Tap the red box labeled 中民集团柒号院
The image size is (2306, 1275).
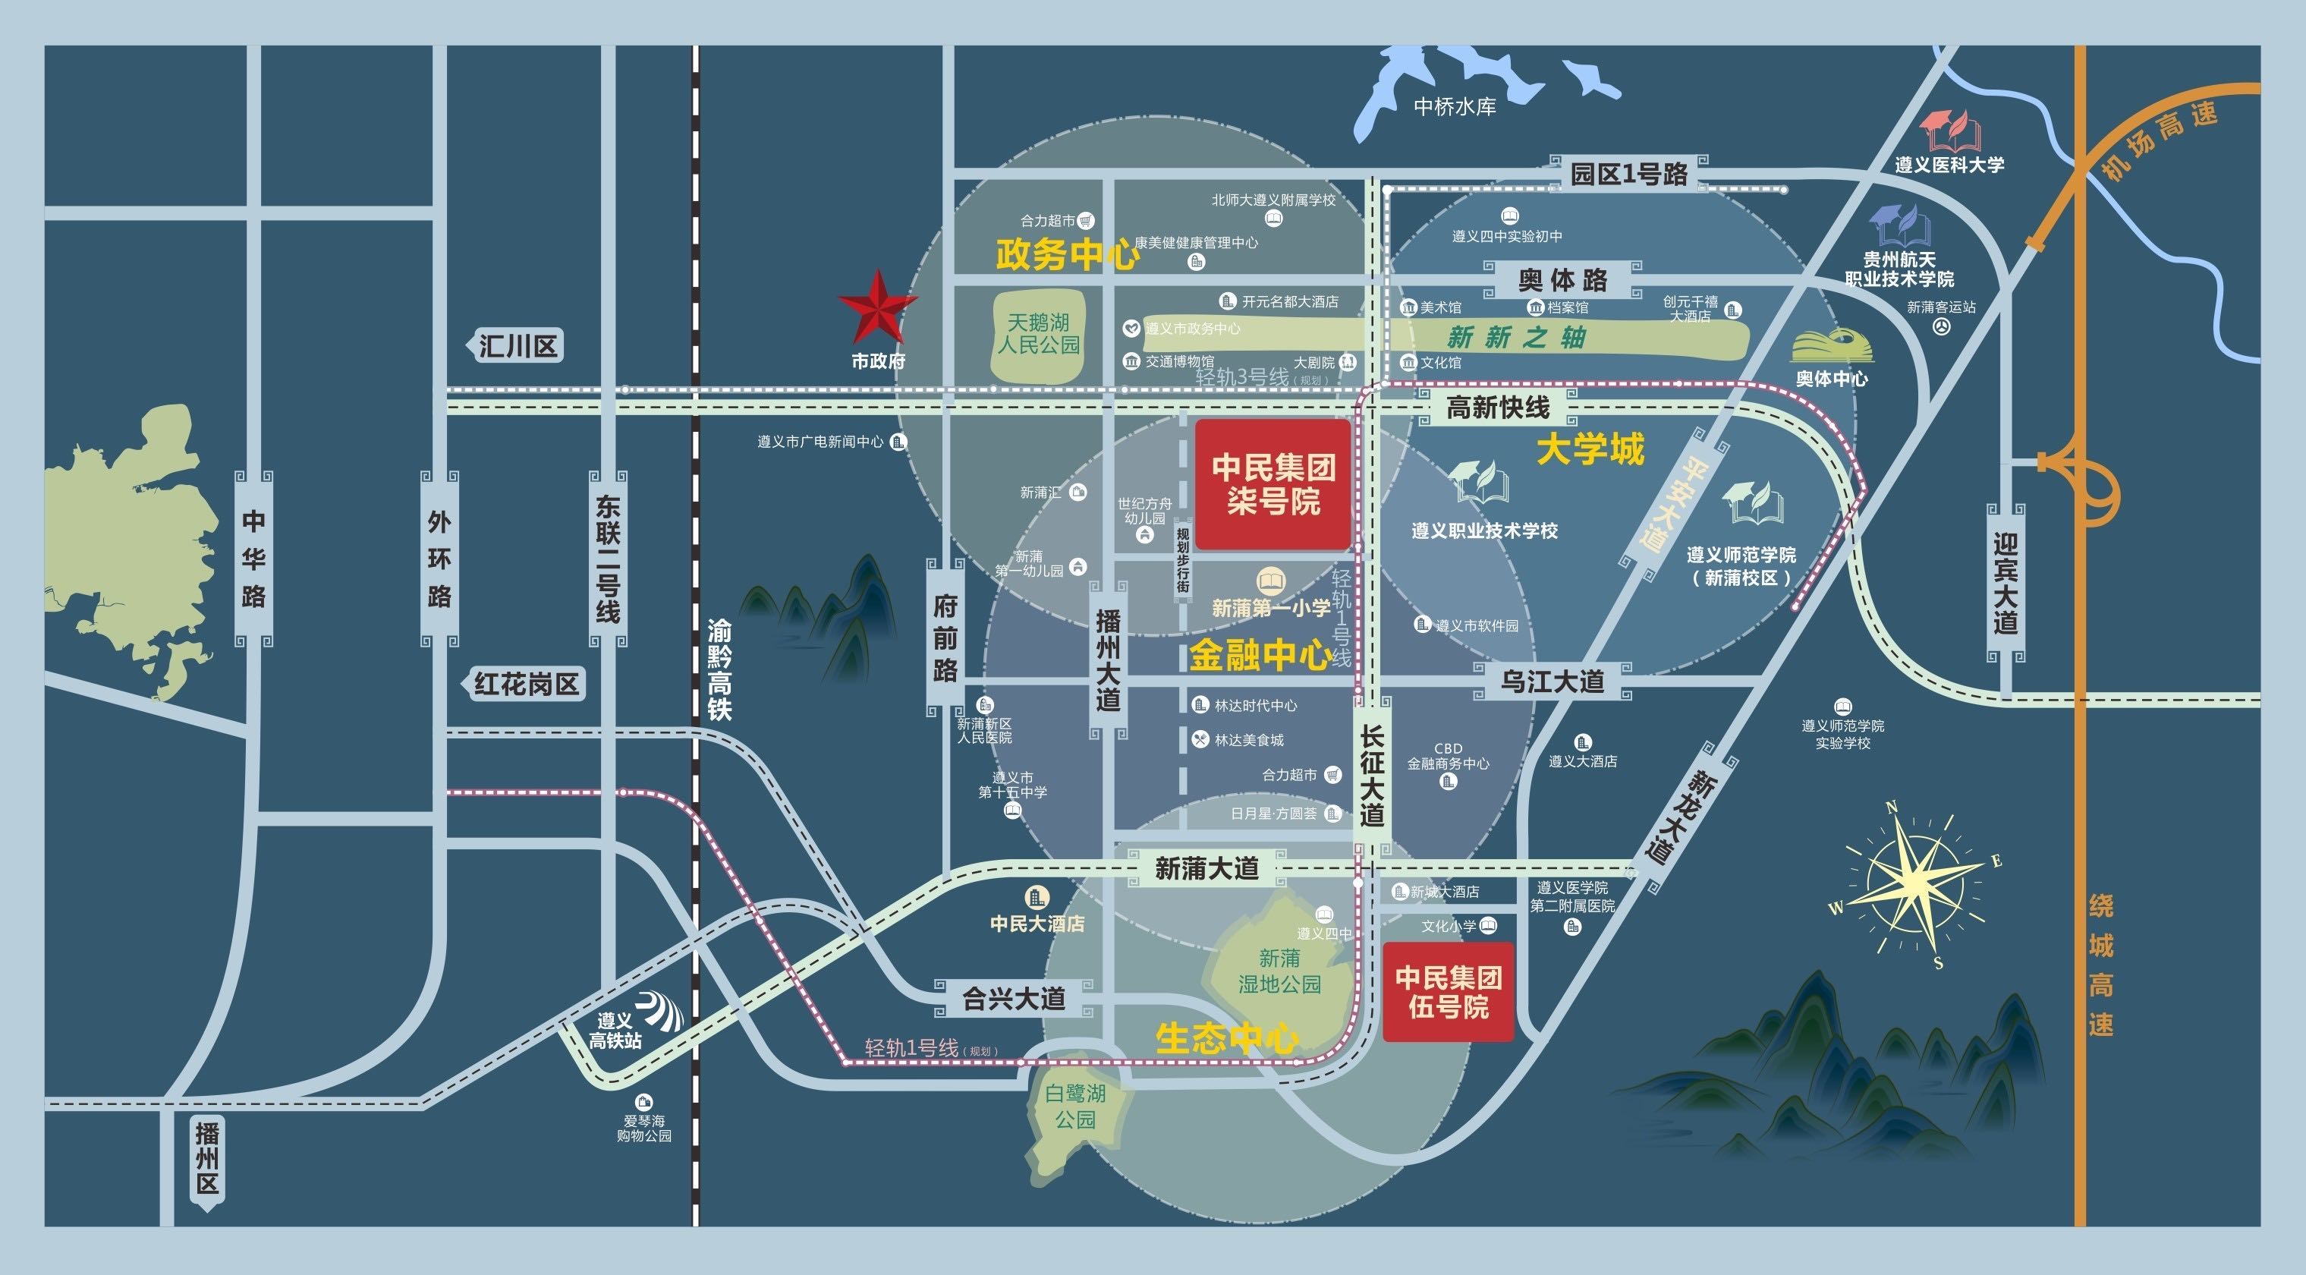click(1272, 483)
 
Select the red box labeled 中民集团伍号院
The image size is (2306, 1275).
click(1448, 991)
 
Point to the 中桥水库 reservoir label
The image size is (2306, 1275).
click(1455, 106)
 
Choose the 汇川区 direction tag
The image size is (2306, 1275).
click(517, 345)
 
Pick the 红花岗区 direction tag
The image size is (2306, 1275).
click(526, 684)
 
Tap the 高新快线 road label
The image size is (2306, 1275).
click(1498, 408)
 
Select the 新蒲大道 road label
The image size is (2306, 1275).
click(1206, 867)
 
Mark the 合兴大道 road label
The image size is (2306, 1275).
click(1013, 998)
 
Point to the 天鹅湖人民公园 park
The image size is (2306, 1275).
click(1038, 333)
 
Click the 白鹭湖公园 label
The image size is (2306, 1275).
click(1075, 1106)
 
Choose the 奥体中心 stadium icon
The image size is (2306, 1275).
click(1832, 345)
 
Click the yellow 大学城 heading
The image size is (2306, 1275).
click(1590, 449)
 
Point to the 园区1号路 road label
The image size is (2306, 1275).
click(1628, 174)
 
